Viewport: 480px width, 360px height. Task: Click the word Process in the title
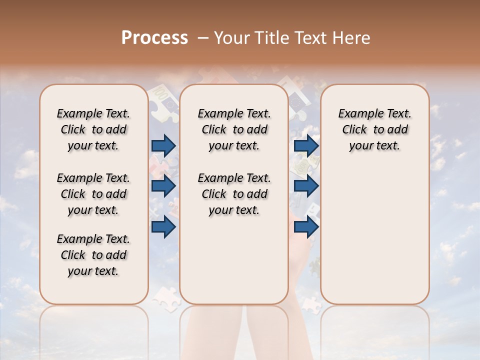coord(154,38)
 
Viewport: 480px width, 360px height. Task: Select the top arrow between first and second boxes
coord(163,145)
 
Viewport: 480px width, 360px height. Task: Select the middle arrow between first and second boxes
coord(163,186)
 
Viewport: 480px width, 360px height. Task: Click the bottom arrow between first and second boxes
coord(163,226)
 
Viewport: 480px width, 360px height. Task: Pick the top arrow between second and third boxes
coord(306,145)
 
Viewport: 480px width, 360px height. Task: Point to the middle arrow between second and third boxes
coord(306,186)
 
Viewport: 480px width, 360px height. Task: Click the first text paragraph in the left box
coord(93,129)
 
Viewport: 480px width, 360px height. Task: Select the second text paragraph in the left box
coord(93,194)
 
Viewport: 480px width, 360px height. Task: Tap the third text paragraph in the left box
coord(93,255)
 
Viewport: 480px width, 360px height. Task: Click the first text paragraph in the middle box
coord(234,129)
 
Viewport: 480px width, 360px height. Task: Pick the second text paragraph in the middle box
coord(234,194)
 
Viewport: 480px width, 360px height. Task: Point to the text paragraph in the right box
coord(374,129)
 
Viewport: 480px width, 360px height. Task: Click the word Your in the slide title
coord(231,38)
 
